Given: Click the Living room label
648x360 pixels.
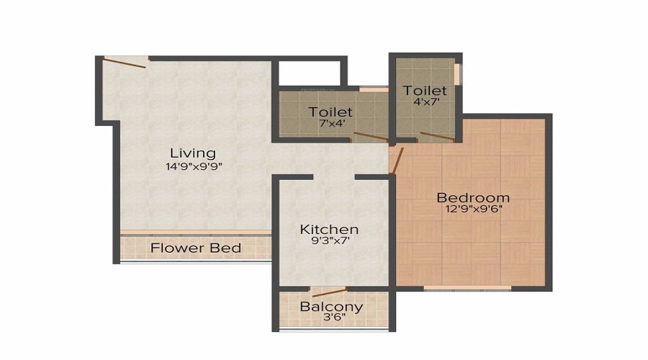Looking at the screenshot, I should [192, 153].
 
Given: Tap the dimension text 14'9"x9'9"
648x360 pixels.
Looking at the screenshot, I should [192, 167].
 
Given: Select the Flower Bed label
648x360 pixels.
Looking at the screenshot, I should [195, 248].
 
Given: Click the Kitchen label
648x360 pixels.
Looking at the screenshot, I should [329, 230].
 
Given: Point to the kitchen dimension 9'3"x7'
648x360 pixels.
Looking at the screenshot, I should [329, 243].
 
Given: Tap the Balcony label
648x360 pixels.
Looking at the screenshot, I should [331, 307].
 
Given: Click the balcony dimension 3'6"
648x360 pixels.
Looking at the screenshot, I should [331, 319].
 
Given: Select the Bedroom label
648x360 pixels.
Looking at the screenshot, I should [473, 197].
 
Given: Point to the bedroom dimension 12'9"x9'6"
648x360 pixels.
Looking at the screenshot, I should [473, 210].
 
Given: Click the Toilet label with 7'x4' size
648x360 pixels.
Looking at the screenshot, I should [330, 112].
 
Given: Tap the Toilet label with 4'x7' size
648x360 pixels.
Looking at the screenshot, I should [425, 91].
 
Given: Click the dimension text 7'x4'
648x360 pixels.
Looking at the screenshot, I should [330, 123].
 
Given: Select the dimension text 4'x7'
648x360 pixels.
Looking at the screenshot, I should [425, 102].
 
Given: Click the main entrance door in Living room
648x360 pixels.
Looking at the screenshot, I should [125, 62].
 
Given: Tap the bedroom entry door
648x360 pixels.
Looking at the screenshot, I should [397, 160].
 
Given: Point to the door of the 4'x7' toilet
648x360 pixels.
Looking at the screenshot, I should [437, 136].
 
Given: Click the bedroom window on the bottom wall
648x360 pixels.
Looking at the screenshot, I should [467, 288].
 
